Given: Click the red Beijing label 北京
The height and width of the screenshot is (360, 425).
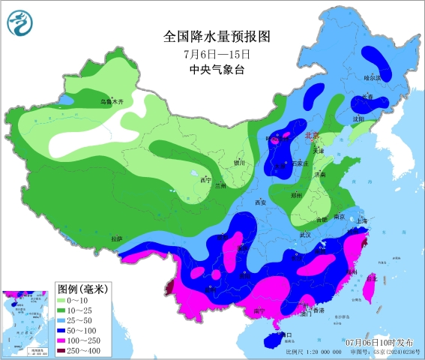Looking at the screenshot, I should pyautogui.click(x=312, y=136).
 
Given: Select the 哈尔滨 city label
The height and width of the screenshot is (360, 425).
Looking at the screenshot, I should pyautogui.click(x=373, y=77).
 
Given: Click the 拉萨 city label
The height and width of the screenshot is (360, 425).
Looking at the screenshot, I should pyautogui.click(x=116, y=238).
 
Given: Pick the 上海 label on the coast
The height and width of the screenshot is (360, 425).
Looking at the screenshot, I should pyautogui.click(x=362, y=220).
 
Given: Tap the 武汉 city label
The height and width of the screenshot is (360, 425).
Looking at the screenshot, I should pyautogui.click(x=304, y=235).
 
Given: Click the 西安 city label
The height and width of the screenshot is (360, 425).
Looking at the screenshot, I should pyautogui.click(x=261, y=202).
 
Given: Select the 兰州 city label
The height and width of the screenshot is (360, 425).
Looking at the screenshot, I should pyautogui.click(x=220, y=184).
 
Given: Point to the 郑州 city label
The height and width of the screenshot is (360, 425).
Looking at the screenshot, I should pyautogui.click(x=296, y=193).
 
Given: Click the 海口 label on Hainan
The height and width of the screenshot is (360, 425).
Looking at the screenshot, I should pyautogui.click(x=283, y=335).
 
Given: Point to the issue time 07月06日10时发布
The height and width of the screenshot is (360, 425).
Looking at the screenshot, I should pyautogui.click(x=380, y=343).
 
